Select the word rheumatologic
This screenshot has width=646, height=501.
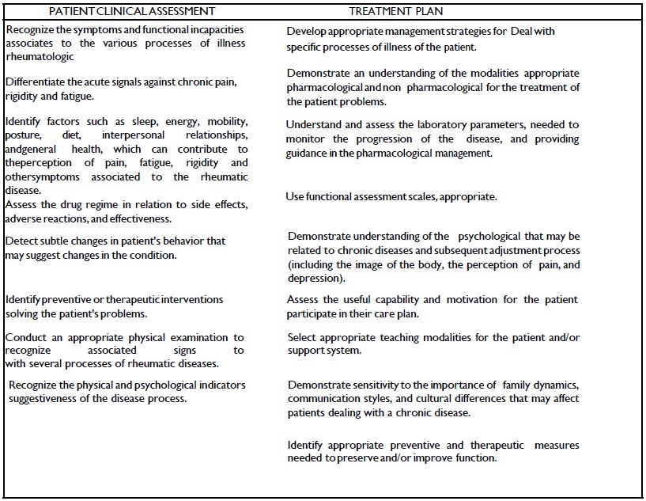[40, 56]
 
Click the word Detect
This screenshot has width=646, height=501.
[21, 241]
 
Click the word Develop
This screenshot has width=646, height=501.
[307, 32]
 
